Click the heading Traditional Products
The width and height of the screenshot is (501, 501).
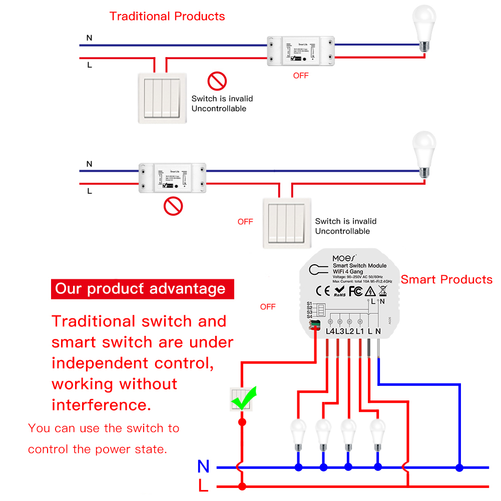pos(167,16)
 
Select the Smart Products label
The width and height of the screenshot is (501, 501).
pos(446,279)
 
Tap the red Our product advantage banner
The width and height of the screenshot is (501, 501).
pos(142,289)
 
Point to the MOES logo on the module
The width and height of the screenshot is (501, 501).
pos(345,258)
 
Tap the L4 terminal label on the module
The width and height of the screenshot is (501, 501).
pos(330,331)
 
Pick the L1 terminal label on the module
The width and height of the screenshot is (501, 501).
pos(360,331)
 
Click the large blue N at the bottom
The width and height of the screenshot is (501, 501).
pos(203,466)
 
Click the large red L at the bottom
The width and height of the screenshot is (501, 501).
pos(203,485)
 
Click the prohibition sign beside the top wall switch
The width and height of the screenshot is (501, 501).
pos(217,81)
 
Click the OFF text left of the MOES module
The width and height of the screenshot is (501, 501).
pos(268,307)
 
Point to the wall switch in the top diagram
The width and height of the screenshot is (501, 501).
pos(161,98)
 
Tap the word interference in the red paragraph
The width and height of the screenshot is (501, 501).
pos(101,404)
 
